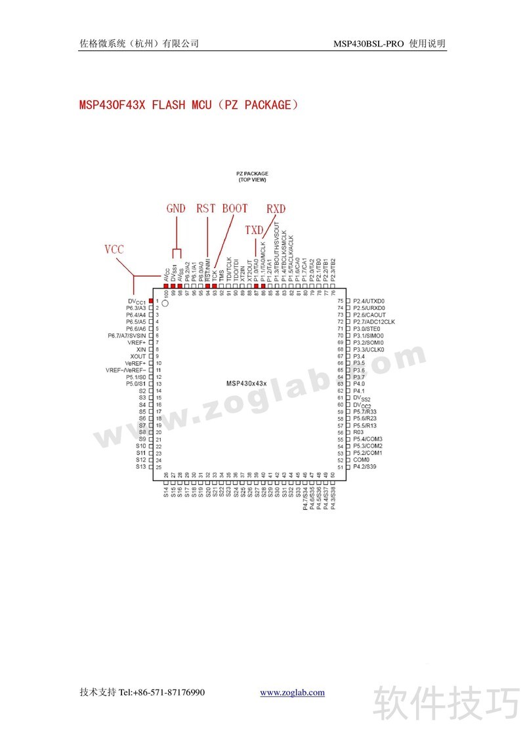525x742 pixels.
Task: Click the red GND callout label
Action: (176, 208)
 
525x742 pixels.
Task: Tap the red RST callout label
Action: (206, 208)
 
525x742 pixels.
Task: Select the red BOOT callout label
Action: (235, 208)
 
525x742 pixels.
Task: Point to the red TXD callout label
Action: (254, 230)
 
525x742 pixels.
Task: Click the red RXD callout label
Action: (276, 208)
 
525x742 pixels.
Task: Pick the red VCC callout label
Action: (114, 249)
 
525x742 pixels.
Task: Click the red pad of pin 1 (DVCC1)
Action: (152, 300)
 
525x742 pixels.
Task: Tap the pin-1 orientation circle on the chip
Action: (165, 303)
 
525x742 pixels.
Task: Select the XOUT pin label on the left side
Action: (138, 356)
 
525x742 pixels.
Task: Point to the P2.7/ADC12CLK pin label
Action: (374, 321)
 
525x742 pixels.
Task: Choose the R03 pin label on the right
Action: (358, 433)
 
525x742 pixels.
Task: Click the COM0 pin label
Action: (361, 460)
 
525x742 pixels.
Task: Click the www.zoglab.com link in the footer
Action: (292, 692)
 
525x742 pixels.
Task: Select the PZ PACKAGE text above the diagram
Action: (253, 174)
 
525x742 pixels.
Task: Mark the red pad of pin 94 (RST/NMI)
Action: (207, 277)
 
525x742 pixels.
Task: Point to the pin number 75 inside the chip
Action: (340, 300)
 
